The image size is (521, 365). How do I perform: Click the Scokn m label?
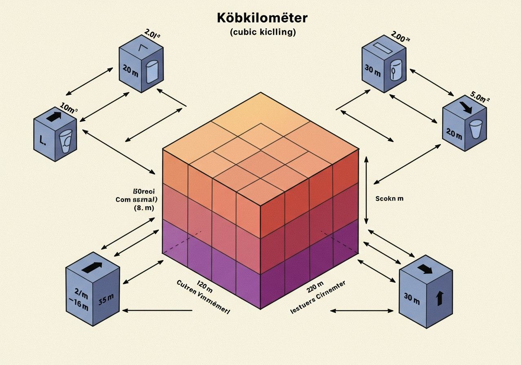coord(390,199)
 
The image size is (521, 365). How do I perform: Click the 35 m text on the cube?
coord(106,302)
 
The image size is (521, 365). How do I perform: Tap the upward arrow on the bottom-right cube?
coord(439,298)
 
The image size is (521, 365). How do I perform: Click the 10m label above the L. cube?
coord(69,109)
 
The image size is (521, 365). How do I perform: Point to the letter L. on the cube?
coord(42,141)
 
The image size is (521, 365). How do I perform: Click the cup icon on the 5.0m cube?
coord(475,128)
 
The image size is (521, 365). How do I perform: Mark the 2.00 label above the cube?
coord(400,37)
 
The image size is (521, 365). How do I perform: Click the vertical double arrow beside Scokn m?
coord(366,190)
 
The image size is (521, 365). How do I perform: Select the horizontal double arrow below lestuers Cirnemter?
coord(361,311)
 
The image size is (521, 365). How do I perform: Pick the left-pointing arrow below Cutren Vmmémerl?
coord(157,310)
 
